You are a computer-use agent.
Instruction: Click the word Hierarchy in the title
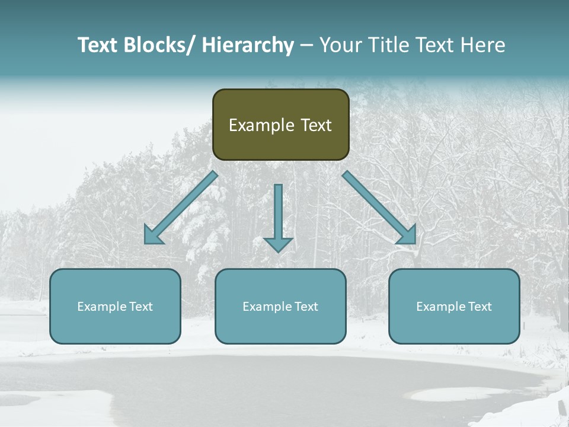(x=248, y=45)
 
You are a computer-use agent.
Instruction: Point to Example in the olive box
(x=261, y=125)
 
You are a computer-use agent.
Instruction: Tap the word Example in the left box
(x=103, y=307)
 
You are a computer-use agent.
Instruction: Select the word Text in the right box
(x=480, y=307)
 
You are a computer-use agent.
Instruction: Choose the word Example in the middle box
(x=268, y=307)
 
